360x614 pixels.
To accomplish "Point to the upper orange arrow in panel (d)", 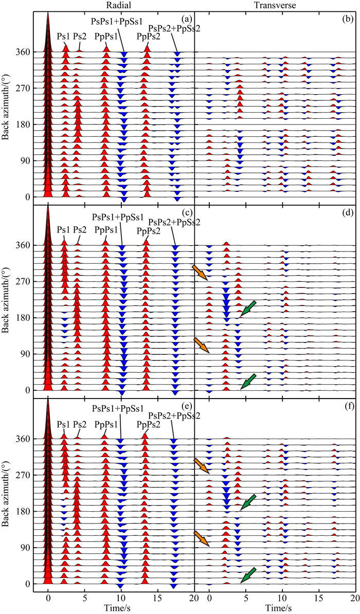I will [x=200, y=273].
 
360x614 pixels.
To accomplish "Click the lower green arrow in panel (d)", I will [x=248, y=381].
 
